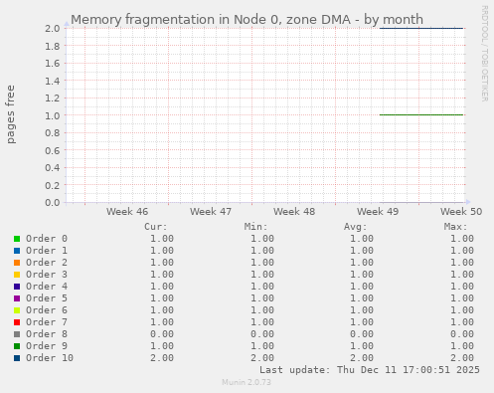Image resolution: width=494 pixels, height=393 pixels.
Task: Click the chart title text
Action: tap(247, 19)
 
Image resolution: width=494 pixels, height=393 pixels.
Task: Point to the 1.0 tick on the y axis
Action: tap(52, 115)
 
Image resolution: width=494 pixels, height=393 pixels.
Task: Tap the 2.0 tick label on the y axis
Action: tap(52, 28)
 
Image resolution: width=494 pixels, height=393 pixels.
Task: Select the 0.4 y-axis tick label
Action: tap(52, 167)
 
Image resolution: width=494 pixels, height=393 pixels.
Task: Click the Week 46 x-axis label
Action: tap(127, 212)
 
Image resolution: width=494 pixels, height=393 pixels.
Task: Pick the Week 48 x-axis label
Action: tap(294, 212)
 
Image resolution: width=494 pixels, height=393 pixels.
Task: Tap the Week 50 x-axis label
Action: tap(461, 212)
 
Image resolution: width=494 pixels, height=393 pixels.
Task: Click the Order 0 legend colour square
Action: tap(17, 239)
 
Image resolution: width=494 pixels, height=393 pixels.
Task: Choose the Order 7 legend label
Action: tap(47, 322)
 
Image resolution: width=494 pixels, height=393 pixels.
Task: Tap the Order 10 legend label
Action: tap(50, 358)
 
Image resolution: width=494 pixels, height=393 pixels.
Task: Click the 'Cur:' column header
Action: tap(155, 227)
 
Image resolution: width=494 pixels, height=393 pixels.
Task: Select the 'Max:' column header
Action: tap(455, 227)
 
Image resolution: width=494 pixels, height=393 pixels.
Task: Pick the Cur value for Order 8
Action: tap(161, 334)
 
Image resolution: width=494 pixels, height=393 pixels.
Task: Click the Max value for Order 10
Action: tap(460, 358)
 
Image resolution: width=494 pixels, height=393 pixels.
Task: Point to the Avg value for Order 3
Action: tap(361, 275)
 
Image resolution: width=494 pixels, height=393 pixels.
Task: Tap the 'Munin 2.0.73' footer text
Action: tap(247, 382)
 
